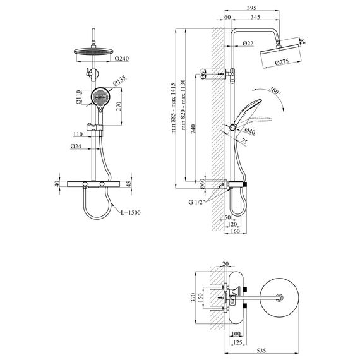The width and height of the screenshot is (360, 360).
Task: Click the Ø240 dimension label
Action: tap(122, 59)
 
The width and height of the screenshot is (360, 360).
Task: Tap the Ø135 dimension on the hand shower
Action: tap(119, 80)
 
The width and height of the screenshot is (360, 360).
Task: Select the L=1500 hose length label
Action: tap(131, 213)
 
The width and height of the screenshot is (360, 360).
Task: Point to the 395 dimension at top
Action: tap(251, 8)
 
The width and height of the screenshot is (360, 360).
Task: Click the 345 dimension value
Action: tap(256, 17)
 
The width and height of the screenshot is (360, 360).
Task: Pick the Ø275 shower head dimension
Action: tap(282, 62)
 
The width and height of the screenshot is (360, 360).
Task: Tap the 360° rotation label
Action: tap(275, 90)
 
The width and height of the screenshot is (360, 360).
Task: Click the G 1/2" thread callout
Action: tap(196, 202)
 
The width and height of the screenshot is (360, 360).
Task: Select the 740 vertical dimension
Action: tap(193, 129)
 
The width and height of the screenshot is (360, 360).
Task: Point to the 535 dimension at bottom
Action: tap(261, 351)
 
